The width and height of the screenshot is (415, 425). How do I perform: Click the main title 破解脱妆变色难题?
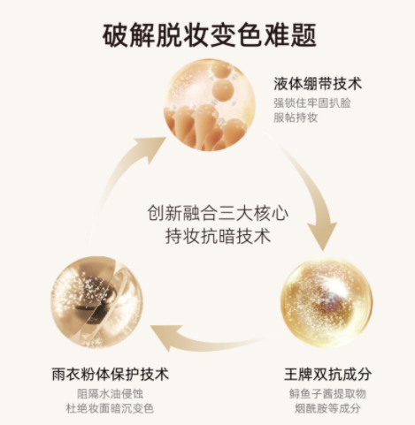tap(210, 35)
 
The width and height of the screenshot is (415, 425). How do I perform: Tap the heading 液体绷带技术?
tap(318, 84)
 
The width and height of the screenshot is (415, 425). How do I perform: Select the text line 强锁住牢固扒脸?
tap(312, 103)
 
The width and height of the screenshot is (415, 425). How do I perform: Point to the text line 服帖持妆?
tap(296, 118)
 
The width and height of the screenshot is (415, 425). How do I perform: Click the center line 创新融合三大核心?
tap(218, 213)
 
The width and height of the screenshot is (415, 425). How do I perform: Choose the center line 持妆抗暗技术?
tap(218, 235)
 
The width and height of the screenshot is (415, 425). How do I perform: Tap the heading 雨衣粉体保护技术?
tap(111, 374)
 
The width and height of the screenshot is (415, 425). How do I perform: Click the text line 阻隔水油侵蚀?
tap(111, 394)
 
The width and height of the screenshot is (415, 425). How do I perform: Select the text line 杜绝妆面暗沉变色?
tap(110, 408)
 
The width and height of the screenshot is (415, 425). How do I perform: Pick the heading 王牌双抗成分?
tap(327, 374)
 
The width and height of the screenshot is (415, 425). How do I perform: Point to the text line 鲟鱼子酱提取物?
tap(327, 394)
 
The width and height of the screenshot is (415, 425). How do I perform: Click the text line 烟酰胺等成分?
tap(327, 408)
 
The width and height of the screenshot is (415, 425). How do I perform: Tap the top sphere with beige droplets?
tap(210, 105)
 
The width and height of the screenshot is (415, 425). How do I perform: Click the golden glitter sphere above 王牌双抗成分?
tap(327, 303)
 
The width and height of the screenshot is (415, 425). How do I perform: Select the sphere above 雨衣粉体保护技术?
tap(97, 302)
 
